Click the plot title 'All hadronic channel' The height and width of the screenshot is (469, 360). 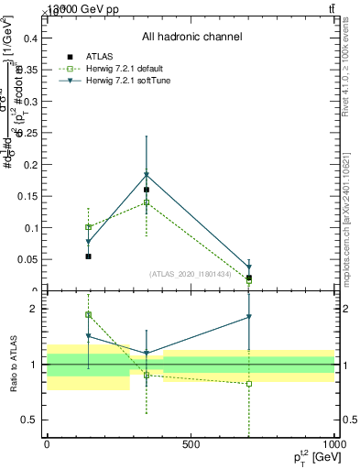(x=191, y=37)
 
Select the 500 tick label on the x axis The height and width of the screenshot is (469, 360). (x=191, y=443)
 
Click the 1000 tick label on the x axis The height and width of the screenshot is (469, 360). (x=333, y=443)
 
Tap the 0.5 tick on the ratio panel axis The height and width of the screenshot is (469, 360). (x=30, y=420)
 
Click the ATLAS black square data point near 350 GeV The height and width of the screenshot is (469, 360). (x=147, y=190)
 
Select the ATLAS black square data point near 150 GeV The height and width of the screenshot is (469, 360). (x=88, y=256)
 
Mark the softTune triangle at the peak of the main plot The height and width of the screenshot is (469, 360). (x=147, y=174)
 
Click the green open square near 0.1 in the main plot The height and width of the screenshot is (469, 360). (x=88, y=226)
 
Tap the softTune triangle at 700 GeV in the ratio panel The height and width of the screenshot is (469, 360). (x=249, y=317)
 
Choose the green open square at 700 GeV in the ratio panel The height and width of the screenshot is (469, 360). (x=249, y=384)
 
